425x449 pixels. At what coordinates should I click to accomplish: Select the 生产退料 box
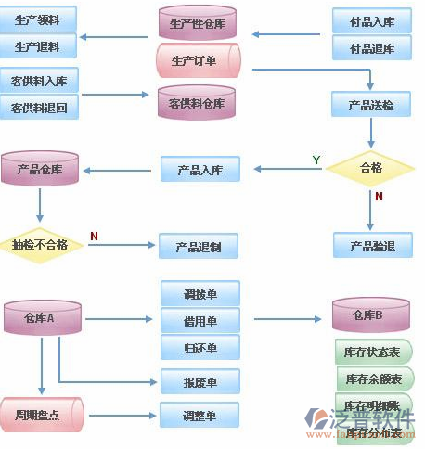38,45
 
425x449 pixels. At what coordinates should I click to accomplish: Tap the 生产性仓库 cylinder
198,23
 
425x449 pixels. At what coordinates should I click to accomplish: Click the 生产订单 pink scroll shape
198,61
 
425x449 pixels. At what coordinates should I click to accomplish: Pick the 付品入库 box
371,21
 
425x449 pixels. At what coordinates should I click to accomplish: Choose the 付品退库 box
371,47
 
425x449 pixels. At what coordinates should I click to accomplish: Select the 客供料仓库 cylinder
197,103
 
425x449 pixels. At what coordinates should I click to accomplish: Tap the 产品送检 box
371,105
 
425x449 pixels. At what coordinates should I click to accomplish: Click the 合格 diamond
371,168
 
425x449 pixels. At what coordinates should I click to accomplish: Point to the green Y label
316,160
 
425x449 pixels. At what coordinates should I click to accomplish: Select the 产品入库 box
200,169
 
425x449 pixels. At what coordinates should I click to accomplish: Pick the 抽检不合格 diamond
39,245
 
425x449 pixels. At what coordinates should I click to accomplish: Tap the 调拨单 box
200,294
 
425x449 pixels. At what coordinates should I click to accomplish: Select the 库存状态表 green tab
372,353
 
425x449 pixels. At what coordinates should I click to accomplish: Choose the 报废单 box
200,381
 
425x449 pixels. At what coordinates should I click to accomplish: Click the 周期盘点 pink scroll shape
41,414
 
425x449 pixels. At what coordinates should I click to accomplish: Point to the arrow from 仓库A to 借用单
121,320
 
